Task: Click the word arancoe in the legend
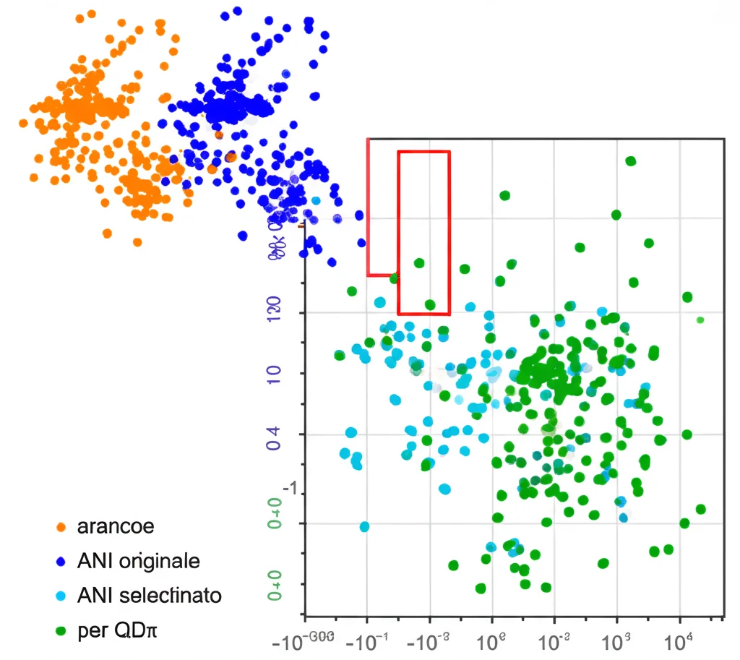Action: pyautogui.click(x=115, y=526)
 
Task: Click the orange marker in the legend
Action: pyautogui.click(x=61, y=527)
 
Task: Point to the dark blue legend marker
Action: pyautogui.click(x=61, y=562)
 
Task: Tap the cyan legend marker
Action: pyautogui.click(x=61, y=596)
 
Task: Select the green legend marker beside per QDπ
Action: pyautogui.click(x=61, y=631)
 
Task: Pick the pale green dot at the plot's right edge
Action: pyautogui.click(x=700, y=320)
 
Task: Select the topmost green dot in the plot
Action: pyautogui.click(x=630, y=161)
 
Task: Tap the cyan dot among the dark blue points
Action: pyautogui.click(x=316, y=200)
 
